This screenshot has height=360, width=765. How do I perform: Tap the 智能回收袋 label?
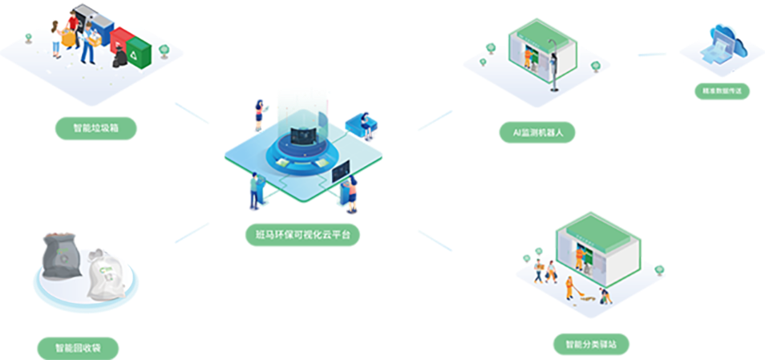[x=78, y=348]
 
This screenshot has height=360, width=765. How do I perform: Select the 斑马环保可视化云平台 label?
[x=302, y=235]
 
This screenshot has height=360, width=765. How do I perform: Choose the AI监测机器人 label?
[x=536, y=131]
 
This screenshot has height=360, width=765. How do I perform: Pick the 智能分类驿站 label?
[x=592, y=345]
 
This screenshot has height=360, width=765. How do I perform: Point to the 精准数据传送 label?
[x=722, y=91]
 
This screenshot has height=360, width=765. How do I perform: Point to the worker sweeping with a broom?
[x=569, y=286]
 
